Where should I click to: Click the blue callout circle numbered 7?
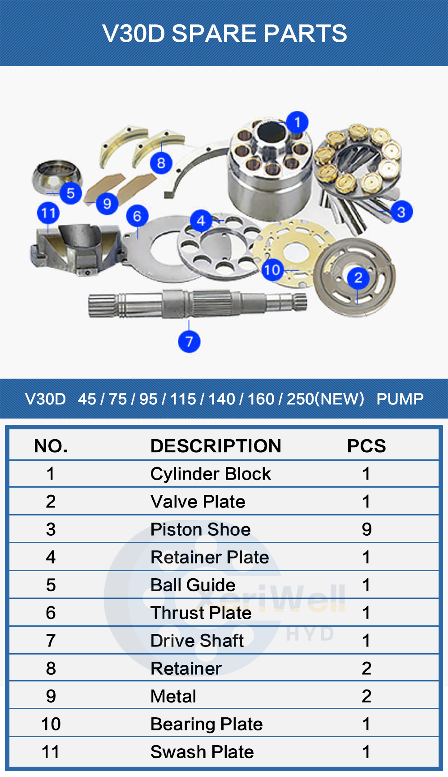click(x=189, y=341)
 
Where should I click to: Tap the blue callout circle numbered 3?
click(x=401, y=212)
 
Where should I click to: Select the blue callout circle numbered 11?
click(x=48, y=213)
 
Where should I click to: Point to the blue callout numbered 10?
click(x=272, y=270)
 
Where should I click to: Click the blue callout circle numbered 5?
click(x=71, y=193)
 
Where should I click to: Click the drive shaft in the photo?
click(x=198, y=303)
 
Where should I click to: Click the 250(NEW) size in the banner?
click(x=325, y=398)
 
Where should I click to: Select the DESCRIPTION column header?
click(x=216, y=446)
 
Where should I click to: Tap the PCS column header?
click(x=366, y=446)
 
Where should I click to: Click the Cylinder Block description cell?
click(x=211, y=474)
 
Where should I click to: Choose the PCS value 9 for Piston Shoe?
click(x=366, y=529)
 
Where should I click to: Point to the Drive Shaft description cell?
click(x=197, y=641)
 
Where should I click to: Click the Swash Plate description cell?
click(x=202, y=752)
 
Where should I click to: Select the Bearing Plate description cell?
click(x=207, y=724)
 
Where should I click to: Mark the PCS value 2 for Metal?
click(x=366, y=696)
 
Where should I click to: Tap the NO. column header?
click(x=51, y=446)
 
